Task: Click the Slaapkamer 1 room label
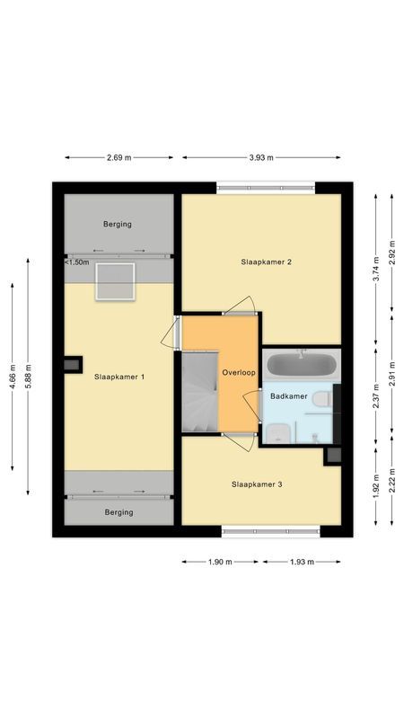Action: pos(119,377)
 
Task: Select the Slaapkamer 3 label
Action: pos(257,484)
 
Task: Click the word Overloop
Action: pos(239,371)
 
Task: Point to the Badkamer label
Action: pos(289,395)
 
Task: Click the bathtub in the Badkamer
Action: pos(303,366)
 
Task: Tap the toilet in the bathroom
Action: pos(321,398)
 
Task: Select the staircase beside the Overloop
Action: pos(199,393)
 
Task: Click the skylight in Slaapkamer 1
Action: pos(115,281)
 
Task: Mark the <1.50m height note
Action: pos(77,262)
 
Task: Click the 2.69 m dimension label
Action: pos(119,157)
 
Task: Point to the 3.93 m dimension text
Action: pos(262,157)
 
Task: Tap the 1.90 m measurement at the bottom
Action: pos(220,562)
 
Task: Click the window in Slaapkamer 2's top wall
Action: pos(266,187)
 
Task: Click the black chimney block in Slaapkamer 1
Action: pos(69,365)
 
